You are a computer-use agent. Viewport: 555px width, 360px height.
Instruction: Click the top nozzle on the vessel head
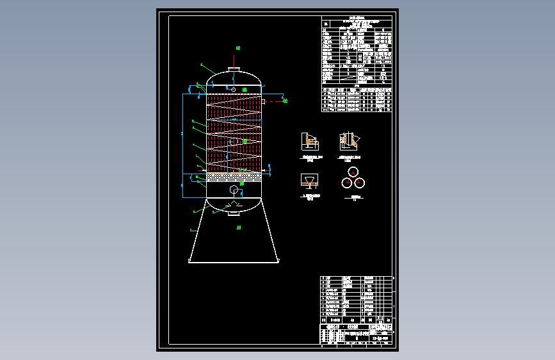click(x=234, y=69)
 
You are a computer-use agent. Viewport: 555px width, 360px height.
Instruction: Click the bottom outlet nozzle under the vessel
click(x=234, y=213)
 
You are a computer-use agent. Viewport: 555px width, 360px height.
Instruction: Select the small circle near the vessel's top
click(x=234, y=90)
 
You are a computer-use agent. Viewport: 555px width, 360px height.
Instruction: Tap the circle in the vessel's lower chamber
click(x=234, y=190)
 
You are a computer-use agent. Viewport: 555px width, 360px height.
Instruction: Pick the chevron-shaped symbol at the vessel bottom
click(x=234, y=205)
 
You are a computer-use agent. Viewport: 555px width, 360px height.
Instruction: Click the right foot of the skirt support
click(x=278, y=260)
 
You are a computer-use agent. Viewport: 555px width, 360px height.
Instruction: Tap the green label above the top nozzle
click(x=238, y=48)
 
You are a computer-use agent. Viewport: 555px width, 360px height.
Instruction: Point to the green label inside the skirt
click(x=238, y=227)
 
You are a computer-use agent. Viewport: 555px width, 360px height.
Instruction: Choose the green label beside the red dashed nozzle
click(x=286, y=101)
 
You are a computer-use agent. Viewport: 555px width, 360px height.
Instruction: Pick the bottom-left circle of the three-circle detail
click(x=347, y=183)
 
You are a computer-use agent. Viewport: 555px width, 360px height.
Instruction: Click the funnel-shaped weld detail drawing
click(x=309, y=181)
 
